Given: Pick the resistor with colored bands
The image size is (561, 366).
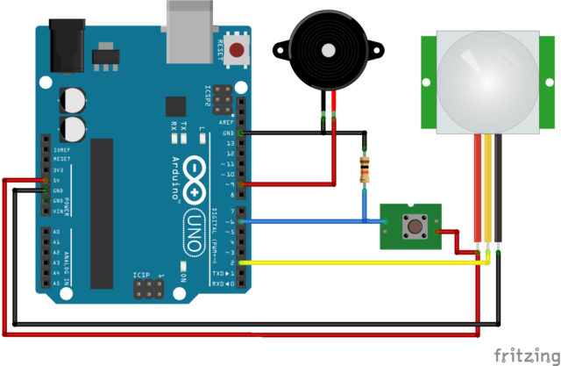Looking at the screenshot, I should point(365,168).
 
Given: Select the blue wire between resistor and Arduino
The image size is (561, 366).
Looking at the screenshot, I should point(307,221).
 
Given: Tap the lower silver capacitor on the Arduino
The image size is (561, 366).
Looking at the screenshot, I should point(74,130).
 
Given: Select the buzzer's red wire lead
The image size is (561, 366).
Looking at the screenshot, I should point(333,158).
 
